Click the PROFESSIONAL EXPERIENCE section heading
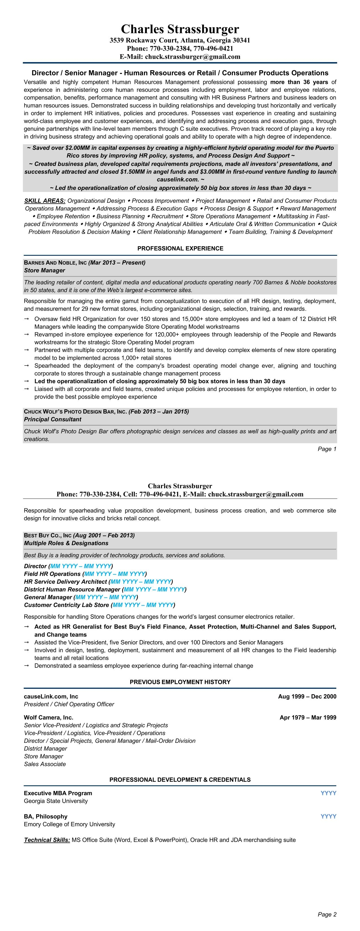180,248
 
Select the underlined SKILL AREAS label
45,201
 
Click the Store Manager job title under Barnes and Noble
44,270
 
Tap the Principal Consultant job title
53,419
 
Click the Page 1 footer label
327,449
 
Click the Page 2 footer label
327,914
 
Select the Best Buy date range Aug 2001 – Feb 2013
104,535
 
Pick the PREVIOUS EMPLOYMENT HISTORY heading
180,682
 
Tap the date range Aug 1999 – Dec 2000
307,696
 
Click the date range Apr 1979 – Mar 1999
307,717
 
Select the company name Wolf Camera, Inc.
49,717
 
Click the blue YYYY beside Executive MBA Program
328,793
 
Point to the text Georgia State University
56,801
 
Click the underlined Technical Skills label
47,840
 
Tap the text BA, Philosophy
45,816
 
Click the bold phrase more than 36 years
299,82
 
